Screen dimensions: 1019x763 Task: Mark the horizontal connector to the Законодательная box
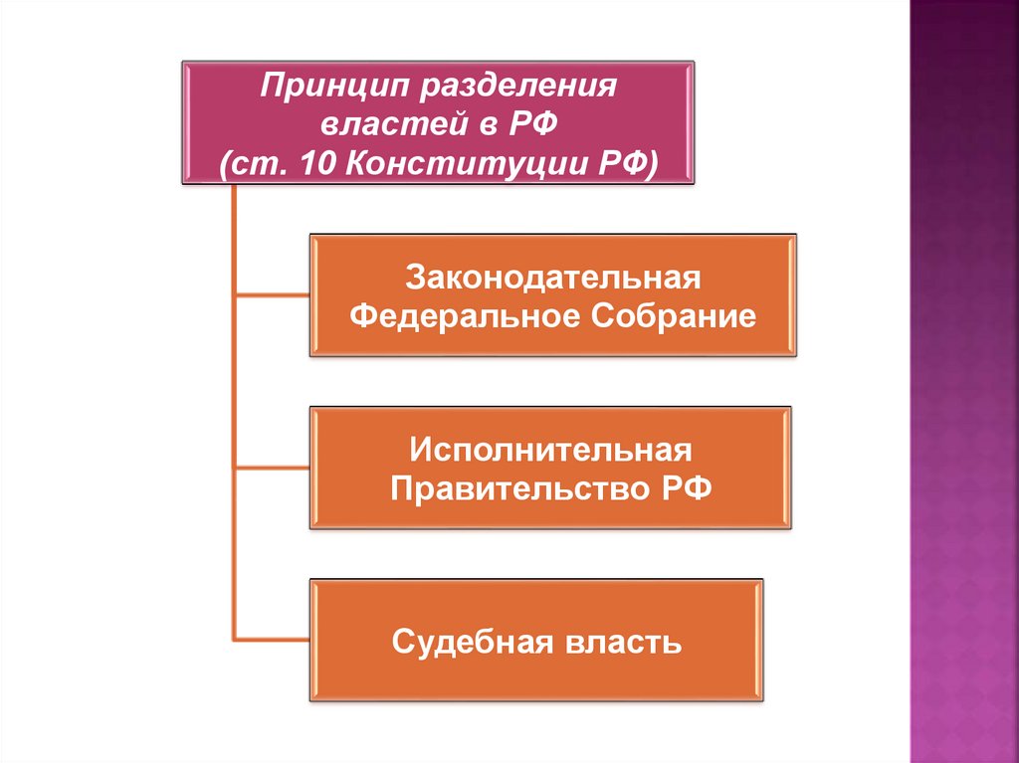tap(272, 294)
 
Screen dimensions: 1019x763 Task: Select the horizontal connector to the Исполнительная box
tap(272, 468)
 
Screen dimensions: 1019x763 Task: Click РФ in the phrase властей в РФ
tap(542, 125)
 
